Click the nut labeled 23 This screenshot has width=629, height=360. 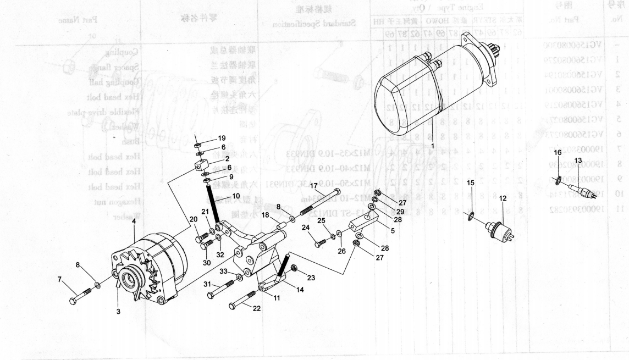pos(294,268)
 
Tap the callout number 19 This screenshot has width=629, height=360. pos(222,137)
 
